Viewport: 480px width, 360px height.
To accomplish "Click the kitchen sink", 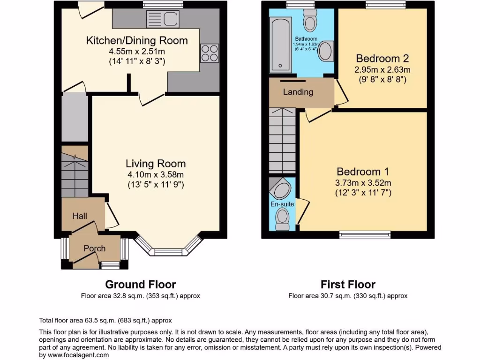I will [162, 19].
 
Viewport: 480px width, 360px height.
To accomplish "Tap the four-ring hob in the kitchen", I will [210, 52].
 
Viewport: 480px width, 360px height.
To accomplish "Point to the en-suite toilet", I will [282, 219].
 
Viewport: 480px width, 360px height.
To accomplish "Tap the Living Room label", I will [156, 164].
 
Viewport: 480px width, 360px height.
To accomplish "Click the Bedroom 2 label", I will [382, 59].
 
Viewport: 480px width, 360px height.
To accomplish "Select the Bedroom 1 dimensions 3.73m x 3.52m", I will [363, 183].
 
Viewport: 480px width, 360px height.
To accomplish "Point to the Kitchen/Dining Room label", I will [137, 40].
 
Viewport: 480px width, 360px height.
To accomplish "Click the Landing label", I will [298, 92].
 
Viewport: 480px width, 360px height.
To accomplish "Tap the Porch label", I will [95, 248].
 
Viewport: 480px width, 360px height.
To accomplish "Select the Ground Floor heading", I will [141, 284].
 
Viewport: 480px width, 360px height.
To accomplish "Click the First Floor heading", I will [348, 284].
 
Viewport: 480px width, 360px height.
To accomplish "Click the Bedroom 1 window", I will [365, 234].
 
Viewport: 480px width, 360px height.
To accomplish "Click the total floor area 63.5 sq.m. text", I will [105, 321].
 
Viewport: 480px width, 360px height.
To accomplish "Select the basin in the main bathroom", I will [325, 52].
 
